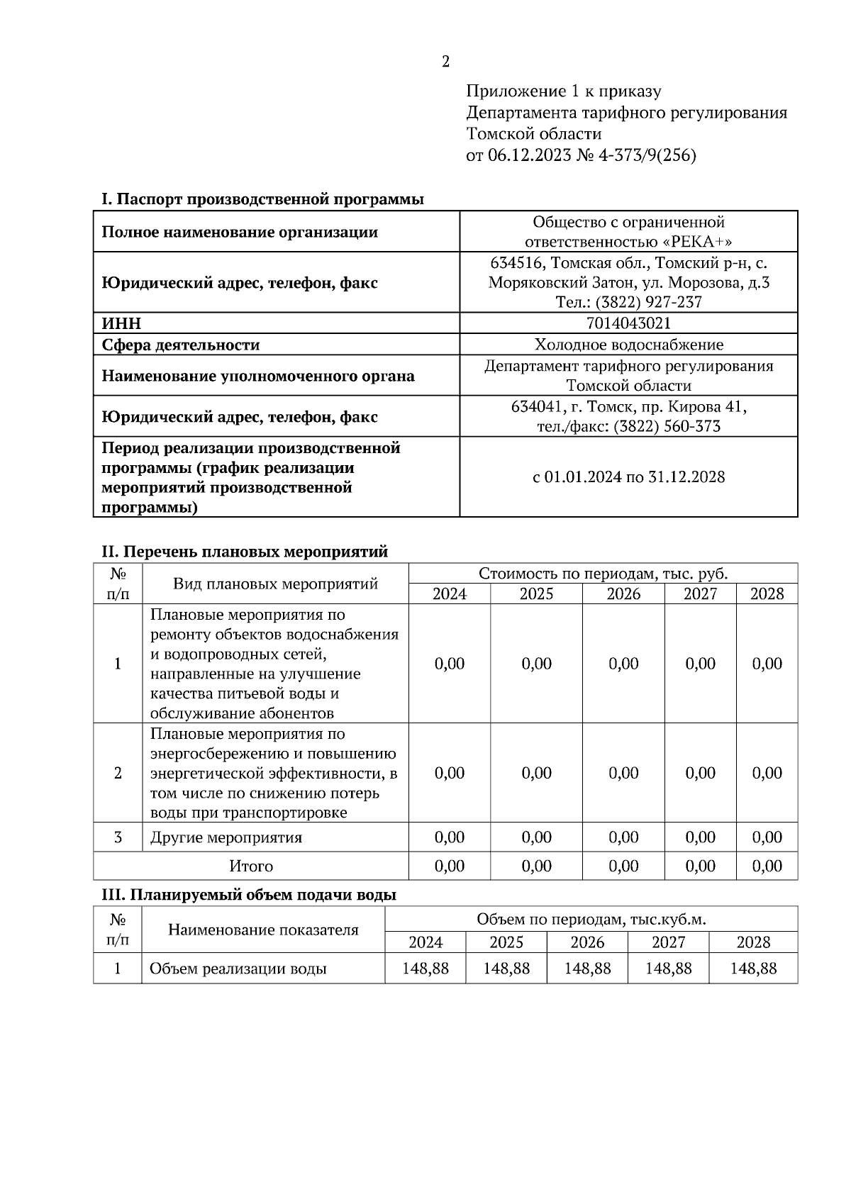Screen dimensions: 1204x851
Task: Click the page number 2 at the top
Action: click(445, 62)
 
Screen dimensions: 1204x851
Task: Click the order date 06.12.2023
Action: click(529, 155)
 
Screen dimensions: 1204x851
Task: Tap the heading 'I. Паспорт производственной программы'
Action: click(262, 199)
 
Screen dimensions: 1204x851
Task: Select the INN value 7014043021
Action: click(628, 323)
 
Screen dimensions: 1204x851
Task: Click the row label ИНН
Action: click(121, 324)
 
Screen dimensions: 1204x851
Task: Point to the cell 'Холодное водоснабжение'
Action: click(628, 345)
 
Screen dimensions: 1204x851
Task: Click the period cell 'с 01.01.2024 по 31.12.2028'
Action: click(628, 476)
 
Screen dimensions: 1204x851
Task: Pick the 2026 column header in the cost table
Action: click(623, 593)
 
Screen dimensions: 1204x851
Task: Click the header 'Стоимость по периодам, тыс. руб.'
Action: click(603, 574)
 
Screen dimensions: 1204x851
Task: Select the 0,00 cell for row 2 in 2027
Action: click(700, 773)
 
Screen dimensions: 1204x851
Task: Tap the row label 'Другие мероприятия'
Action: click(226, 837)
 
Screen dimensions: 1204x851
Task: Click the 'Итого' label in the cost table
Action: click(251, 866)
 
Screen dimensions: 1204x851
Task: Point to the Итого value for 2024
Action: click(450, 866)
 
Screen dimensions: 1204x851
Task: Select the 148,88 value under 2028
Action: click(753, 969)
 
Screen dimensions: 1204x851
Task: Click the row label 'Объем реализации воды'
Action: click(238, 969)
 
